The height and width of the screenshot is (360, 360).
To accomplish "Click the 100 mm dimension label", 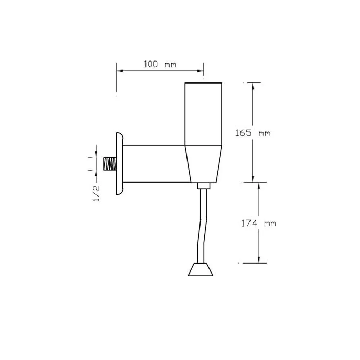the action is [x=160, y=64].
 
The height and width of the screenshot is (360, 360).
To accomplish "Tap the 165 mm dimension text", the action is [x=253, y=133].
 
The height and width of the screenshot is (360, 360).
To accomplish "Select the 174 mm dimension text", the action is [x=259, y=223].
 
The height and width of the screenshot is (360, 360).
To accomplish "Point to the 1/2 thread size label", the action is [x=96, y=193].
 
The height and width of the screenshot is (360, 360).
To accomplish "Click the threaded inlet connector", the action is [x=110, y=163].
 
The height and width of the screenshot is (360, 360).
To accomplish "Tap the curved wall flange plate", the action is [x=120, y=163].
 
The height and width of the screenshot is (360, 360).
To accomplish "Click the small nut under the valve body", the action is [x=203, y=186].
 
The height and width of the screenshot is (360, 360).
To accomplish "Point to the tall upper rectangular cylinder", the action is [x=203, y=114].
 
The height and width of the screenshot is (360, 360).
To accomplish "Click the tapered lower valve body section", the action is [x=203, y=164].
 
